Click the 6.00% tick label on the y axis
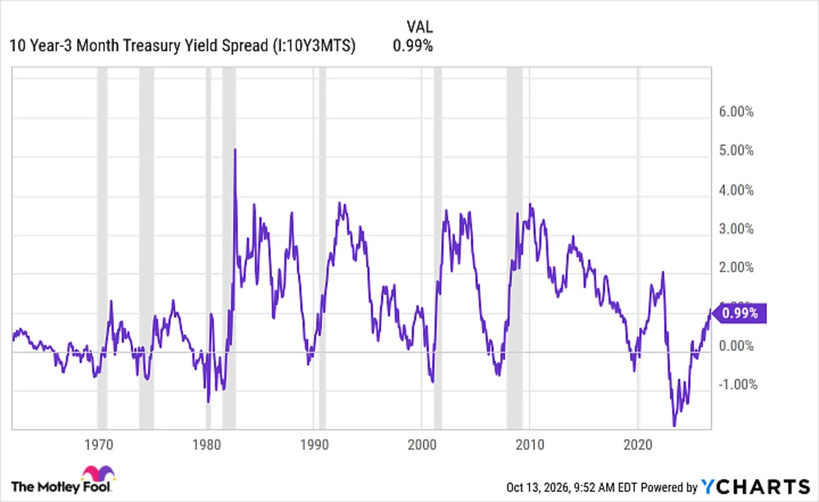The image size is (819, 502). (x=736, y=111)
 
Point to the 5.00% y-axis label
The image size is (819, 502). (x=736, y=150)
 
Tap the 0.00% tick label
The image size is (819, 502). (x=736, y=346)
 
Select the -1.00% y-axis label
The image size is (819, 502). (x=738, y=385)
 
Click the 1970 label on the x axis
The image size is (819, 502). (x=99, y=445)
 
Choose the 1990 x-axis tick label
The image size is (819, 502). (x=315, y=445)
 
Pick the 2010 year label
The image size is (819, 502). (x=530, y=445)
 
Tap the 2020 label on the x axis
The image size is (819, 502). (x=637, y=445)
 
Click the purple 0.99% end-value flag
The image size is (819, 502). (x=739, y=313)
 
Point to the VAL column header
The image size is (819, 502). (x=419, y=27)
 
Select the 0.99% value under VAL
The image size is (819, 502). (x=413, y=46)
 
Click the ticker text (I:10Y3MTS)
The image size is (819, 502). (x=315, y=46)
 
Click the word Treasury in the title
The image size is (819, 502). (x=152, y=46)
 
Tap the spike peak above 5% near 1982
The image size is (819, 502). (x=235, y=150)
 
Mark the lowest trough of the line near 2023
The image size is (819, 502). (x=674, y=426)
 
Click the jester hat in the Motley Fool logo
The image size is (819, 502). (x=98, y=473)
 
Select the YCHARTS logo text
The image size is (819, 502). (x=756, y=487)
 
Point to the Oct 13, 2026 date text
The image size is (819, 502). (x=537, y=488)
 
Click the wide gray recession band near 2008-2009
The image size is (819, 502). (x=515, y=248)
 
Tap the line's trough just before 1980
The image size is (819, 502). (x=208, y=402)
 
